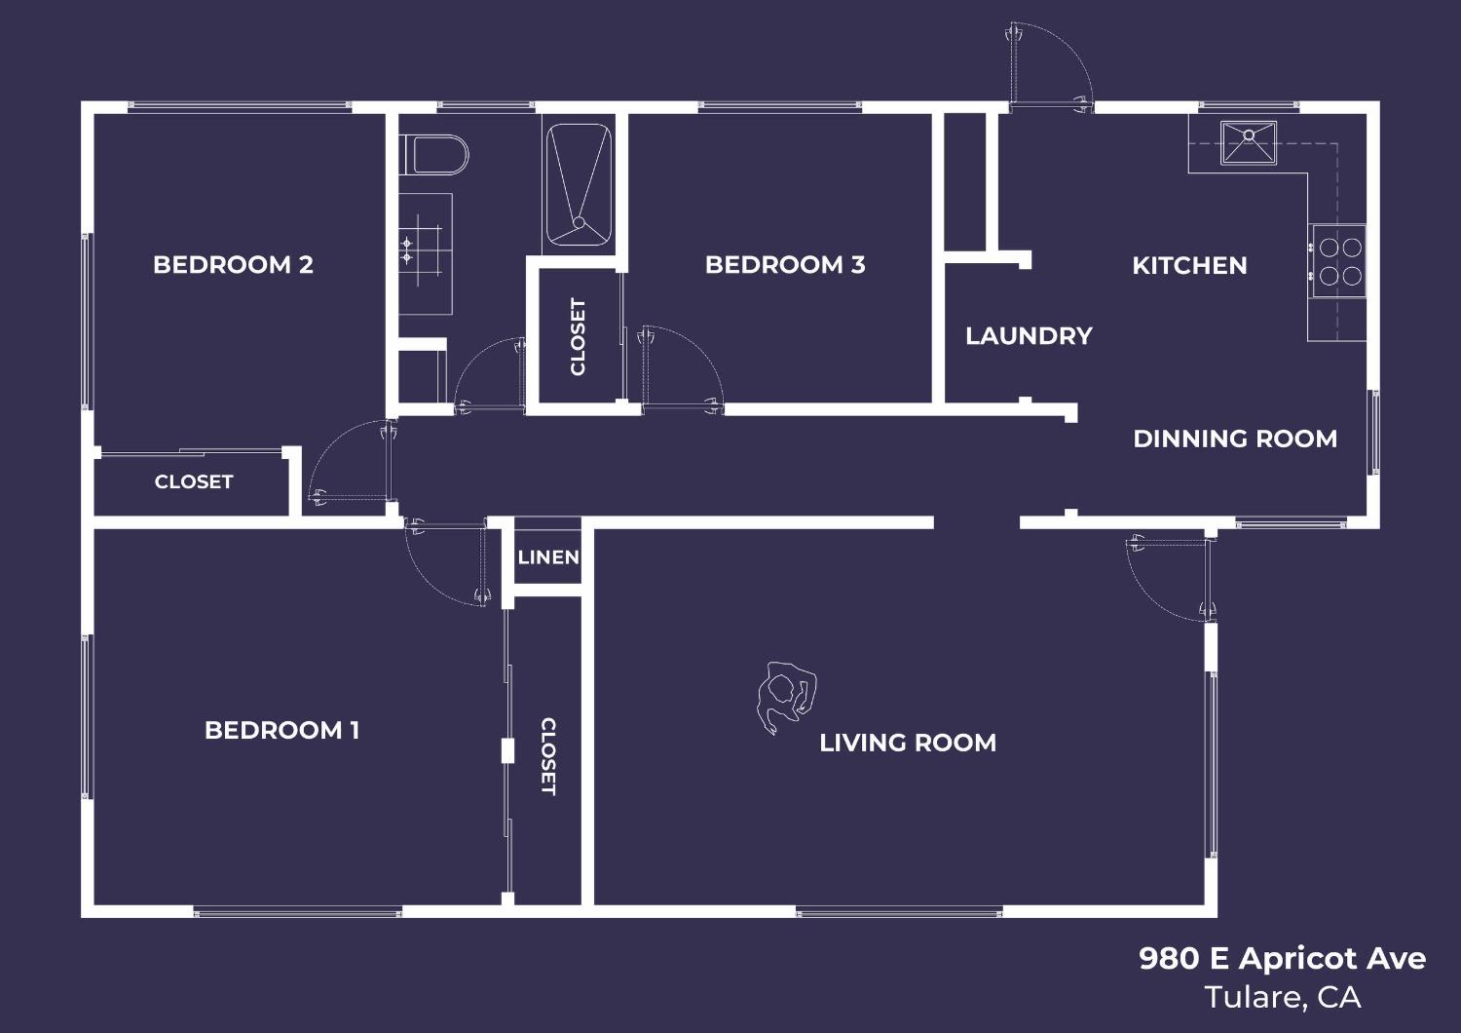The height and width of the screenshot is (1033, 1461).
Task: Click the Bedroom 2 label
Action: tap(233, 265)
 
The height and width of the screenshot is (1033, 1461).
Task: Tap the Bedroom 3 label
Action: tap(785, 265)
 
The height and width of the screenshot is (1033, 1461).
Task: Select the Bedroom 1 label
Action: tap(281, 731)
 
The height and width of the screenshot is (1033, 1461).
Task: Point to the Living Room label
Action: tap(908, 743)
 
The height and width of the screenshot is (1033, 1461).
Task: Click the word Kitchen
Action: tap(1189, 266)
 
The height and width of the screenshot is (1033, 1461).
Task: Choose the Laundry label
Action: tap(1029, 336)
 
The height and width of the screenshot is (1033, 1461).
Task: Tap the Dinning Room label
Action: tap(1235, 439)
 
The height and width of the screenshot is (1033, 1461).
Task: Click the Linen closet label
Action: tap(548, 557)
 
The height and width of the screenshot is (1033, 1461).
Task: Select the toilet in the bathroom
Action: tap(435, 155)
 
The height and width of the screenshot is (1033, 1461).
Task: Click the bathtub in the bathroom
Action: tap(579, 184)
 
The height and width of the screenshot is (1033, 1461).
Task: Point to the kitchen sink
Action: tap(1249, 142)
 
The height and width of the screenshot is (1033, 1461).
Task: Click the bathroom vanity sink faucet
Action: tap(407, 250)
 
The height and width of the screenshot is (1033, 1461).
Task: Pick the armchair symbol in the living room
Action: tap(785, 695)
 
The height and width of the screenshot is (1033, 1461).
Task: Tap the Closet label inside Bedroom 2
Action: tap(194, 481)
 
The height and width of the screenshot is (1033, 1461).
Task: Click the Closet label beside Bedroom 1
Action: tap(548, 756)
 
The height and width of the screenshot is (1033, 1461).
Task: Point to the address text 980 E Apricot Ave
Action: tap(1282, 959)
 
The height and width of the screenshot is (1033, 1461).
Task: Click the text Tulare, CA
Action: tap(1282, 997)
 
